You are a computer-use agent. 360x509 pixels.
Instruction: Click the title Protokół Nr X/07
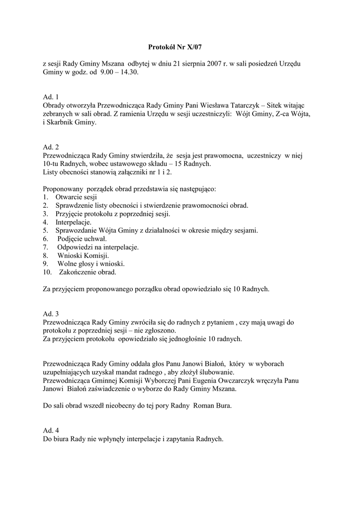(175, 47)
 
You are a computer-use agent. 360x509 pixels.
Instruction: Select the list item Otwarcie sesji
(76, 197)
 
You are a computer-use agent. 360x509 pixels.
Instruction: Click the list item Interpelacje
(74, 222)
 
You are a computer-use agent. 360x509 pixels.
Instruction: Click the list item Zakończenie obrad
(88, 272)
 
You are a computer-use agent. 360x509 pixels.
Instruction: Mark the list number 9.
(45, 263)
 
